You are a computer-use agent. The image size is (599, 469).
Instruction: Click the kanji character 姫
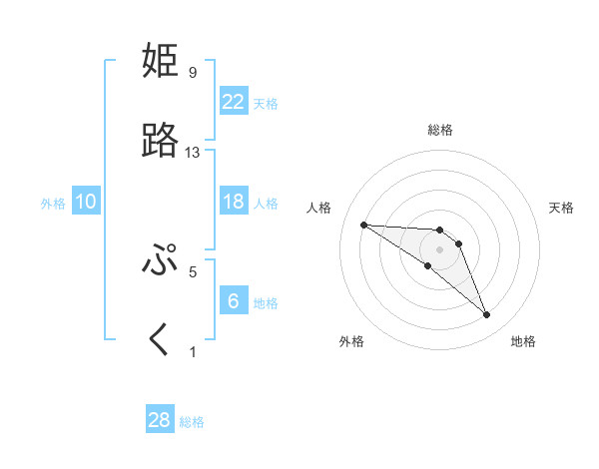click(x=161, y=62)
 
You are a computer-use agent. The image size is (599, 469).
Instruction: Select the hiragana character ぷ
click(x=161, y=260)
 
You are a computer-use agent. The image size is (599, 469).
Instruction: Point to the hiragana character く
click(x=160, y=340)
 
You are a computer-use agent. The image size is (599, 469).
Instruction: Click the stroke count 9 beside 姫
click(x=192, y=73)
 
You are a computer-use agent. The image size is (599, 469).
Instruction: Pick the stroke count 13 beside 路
click(x=193, y=153)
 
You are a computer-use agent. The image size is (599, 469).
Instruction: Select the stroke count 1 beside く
click(x=193, y=351)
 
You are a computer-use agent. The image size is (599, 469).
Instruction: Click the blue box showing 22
click(x=234, y=102)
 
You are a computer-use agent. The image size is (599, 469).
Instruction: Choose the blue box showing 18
click(x=234, y=202)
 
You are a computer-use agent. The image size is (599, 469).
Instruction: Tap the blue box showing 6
click(x=234, y=301)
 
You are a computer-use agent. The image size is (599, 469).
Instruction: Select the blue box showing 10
click(x=86, y=202)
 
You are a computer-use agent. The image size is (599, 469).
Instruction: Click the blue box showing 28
click(x=160, y=420)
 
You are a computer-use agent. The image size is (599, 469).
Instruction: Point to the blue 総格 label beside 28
click(x=192, y=422)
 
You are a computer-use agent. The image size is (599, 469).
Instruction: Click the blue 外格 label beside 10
click(x=53, y=204)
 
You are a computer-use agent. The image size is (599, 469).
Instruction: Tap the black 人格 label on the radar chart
click(x=318, y=208)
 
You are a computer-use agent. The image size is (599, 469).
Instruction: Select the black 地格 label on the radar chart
click(x=523, y=341)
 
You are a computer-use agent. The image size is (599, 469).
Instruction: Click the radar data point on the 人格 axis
click(x=363, y=225)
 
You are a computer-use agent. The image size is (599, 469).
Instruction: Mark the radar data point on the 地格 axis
click(x=487, y=315)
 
